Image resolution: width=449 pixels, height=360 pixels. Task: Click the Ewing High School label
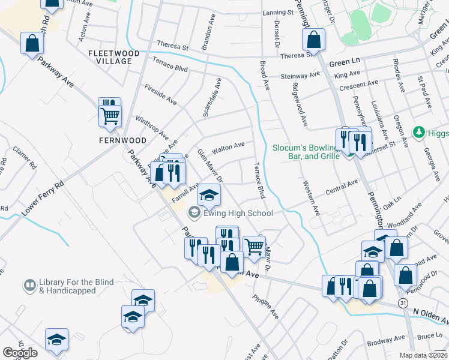[238, 213]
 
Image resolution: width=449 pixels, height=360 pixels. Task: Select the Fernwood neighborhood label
[122, 140]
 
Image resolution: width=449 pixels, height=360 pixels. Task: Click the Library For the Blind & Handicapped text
[67, 286]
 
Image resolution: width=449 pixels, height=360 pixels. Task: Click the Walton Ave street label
[229, 146]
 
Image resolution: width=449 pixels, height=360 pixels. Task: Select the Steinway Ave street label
[301, 76]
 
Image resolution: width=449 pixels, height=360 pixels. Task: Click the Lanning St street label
[277, 13]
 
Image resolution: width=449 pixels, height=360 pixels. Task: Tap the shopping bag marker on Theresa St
[313, 41]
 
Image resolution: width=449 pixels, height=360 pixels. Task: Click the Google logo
[20, 353]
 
